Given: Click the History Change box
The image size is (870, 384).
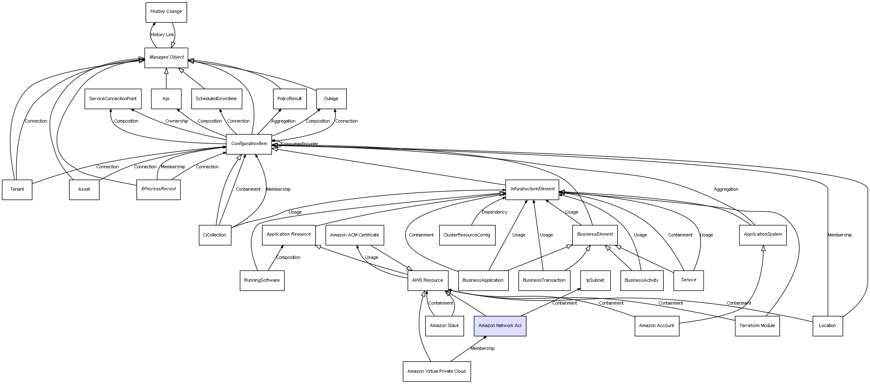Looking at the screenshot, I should (x=166, y=12).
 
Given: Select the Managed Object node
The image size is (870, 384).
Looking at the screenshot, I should (x=166, y=57).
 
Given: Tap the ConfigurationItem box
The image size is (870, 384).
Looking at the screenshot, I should (x=249, y=144).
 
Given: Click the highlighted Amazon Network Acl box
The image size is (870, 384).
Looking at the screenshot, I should (x=499, y=325).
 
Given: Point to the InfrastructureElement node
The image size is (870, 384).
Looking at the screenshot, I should (x=532, y=189).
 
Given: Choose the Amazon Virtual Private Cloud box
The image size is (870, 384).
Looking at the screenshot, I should (x=436, y=371).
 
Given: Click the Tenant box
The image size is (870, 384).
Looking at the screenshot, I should (x=17, y=190).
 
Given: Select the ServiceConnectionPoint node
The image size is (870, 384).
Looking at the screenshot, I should (x=113, y=99).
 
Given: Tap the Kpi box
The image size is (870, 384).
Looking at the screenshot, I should (x=166, y=99).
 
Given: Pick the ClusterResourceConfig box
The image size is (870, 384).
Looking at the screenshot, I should (x=467, y=235).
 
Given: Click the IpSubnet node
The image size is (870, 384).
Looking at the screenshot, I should (x=595, y=280).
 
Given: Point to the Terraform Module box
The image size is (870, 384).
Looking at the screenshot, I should (x=757, y=325).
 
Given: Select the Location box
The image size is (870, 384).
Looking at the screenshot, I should (x=827, y=325).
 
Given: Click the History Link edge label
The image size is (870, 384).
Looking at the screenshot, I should (x=162, y=35).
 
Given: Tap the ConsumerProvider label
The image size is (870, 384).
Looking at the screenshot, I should (x=299, y=144).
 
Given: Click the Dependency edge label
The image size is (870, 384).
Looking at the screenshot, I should (x=494, y=212).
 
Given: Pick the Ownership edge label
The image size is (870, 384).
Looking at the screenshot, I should (x=177, y=121).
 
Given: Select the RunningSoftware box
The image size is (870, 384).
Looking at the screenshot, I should (x=262, y=280).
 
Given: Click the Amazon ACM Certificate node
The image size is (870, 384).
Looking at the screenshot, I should (x=354, y=235).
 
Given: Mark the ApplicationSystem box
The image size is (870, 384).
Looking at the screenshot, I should (x=763, y=234).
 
